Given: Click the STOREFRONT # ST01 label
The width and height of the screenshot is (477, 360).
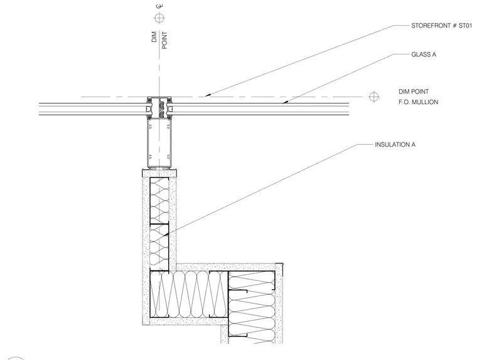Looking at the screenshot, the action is tap(441, 26).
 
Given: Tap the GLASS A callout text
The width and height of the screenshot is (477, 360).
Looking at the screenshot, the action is tap(424, 55).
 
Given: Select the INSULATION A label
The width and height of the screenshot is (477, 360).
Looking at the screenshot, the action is tap(395, 145).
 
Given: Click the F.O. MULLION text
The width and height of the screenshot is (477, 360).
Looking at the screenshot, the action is tap(418, 102).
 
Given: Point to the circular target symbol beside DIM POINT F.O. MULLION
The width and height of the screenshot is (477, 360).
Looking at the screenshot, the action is tap(373, 97).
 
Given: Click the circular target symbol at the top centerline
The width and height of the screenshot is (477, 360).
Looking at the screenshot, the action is tap(159, 18).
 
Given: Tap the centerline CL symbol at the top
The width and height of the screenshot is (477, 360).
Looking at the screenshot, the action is tap(159, 6).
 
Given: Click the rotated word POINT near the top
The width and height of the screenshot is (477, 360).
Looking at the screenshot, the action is tap(164, 40).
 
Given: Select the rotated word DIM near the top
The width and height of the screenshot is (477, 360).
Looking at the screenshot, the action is tap(154, 37).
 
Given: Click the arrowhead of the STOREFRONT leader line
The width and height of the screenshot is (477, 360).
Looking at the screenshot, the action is tap(207, 95).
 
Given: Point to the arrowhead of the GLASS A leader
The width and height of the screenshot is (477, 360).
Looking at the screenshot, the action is tap(285, 102).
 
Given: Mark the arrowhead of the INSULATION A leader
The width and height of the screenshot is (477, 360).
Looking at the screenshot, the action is tap(166, 235).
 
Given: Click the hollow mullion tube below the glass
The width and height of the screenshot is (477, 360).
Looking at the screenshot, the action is tap(159, 143).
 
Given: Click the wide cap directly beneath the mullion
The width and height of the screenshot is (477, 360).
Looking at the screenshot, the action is tap(159, 173).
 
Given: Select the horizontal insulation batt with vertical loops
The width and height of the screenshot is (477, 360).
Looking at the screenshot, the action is tap(189, 294).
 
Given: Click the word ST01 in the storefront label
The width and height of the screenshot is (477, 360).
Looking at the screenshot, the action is tap(465, 26).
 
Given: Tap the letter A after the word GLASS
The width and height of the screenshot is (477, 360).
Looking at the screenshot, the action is tap(434, 55).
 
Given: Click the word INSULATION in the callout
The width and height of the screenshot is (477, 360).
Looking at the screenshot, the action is tap(392, 145).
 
